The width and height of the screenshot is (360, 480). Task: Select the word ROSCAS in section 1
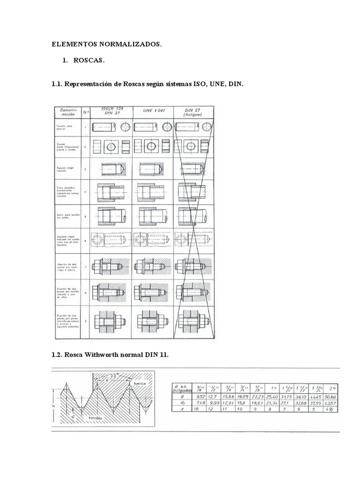coord(89,61)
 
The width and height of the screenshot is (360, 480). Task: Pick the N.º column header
coord(85,112)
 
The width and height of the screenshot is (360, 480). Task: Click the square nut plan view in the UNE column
coord(153,146)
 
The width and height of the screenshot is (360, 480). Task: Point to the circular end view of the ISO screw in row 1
coord(126,127)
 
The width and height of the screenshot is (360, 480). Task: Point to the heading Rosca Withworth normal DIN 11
coord(109,355)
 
